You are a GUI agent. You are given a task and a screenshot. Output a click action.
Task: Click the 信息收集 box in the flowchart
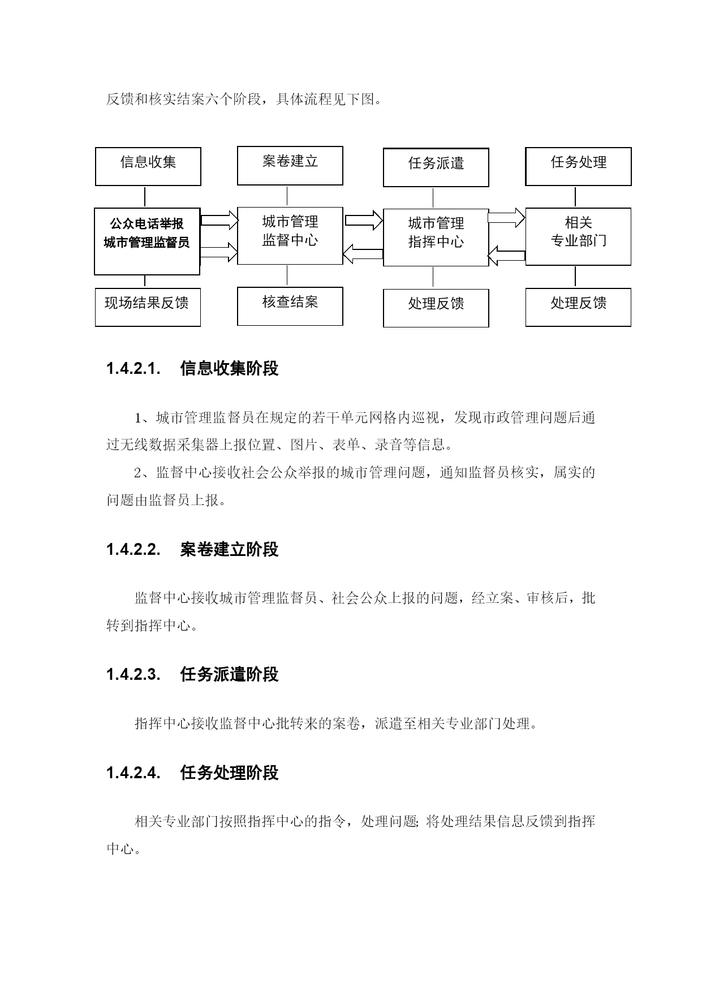pyautogui.click(x=148, y=167)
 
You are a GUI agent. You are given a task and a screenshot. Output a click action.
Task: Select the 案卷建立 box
pyautogui.click(x=290, y=166)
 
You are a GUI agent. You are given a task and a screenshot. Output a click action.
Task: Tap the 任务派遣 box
pyautogui.click(x=436, y=167)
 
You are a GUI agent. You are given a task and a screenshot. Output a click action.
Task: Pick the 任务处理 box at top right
pyautogui.click(x=579, y=166)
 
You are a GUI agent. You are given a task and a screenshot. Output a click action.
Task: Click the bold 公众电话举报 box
pyautogui.click(x=147, y=241)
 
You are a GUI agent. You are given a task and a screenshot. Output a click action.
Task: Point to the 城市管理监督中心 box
pyautogui.click(x=290, y=235)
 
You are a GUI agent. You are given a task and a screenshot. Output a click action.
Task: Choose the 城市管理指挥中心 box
pyautogui.click(x=436, y=237)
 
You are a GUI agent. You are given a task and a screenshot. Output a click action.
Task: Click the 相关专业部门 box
pyautogui.click(x=579, y=236)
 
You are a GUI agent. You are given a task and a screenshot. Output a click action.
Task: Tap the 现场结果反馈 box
pyautogui.click(x=148, y=307)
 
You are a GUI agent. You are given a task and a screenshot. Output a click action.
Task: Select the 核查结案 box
pyautogui.click(x=290, y=306)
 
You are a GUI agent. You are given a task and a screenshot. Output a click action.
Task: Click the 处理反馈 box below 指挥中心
pyautogui.click(x=436, y=308)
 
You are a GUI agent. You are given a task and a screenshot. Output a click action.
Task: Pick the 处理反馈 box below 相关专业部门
pyautogui.click(x=579, y=307)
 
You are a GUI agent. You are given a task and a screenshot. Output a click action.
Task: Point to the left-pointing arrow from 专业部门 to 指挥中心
pyautogui.click(x=507, y=255)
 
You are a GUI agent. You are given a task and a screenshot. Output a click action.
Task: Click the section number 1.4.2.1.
pyautogui.click(x=134, y=369)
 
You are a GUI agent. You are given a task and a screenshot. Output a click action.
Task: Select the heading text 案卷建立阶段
pyautogui.click(x=230, y=549)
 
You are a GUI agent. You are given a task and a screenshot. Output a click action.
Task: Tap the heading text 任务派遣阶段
pyautogui.click(x=230, y=674)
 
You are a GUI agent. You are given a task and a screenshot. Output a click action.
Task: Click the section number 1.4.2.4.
pyautogui.click(x=134, y=773)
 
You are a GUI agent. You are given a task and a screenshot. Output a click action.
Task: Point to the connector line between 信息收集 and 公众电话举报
pyautogui.click(x=145, y=197)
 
